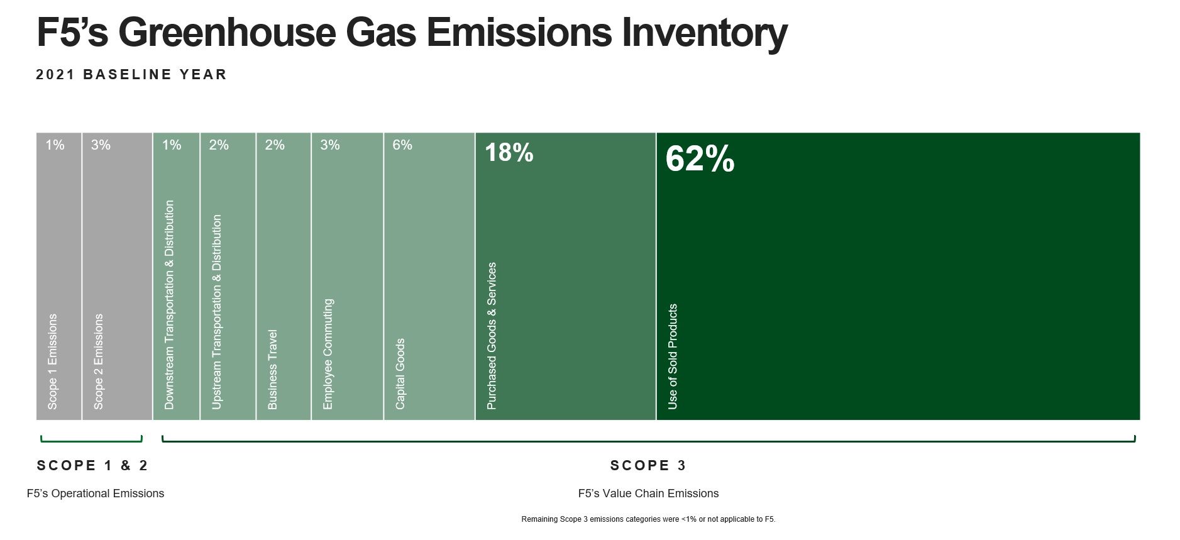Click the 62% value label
coord(700,158)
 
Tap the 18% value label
coord(509,153)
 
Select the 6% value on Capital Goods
coord(402,145)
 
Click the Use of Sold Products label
coord(673,356)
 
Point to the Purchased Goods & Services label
coord(492,336)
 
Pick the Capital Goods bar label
coord(400,374)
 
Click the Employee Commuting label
coord(328,354)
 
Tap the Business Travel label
coord(272,370)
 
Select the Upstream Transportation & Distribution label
coord(217,312)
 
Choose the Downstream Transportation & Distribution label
coord(169,305)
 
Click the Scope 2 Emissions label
coord(98,361)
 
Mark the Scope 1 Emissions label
coord(52,361)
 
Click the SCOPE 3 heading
coord(648,465)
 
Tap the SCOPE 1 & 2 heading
coord(92,465)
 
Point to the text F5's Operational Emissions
coord(96,493)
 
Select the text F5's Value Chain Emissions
coord(648,493)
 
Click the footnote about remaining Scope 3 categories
coord(648,519)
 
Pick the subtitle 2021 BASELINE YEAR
coord(131,74)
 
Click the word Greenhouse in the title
coord(227,32)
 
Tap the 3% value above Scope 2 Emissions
coord(101,145)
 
